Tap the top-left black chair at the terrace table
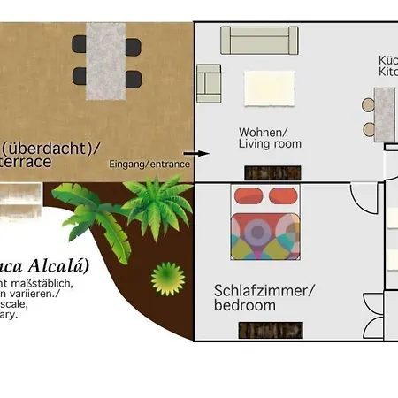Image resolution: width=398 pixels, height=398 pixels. point(80,44)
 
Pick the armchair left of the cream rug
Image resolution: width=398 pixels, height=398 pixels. point(209,80)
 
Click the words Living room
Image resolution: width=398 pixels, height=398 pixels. point(270,143)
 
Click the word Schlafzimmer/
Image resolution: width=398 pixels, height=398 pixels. point(264,290)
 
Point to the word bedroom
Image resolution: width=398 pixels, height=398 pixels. point(245,305)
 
